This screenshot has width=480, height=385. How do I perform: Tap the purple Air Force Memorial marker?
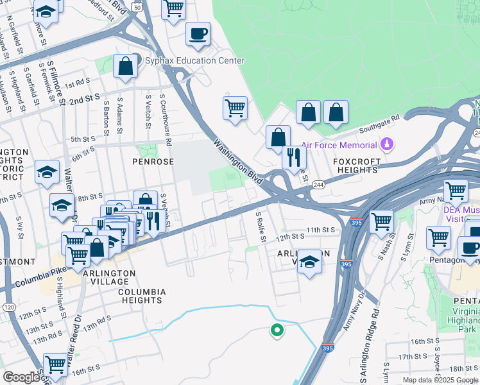(386, 143)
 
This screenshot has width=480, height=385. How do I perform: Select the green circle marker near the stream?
(277, 330)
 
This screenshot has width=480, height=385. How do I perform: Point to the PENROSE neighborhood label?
(153, 162)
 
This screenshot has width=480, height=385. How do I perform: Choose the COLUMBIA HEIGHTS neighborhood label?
(141, 296)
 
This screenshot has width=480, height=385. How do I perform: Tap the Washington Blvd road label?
(238, 163)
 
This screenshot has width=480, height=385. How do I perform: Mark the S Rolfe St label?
(261, 227)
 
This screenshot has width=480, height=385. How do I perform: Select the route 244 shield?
(318, 185)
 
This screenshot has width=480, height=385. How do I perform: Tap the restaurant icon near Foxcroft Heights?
(294, 157)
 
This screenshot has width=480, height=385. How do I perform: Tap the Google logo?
(21, 377)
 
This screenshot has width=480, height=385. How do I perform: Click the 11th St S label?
(321, 229)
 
